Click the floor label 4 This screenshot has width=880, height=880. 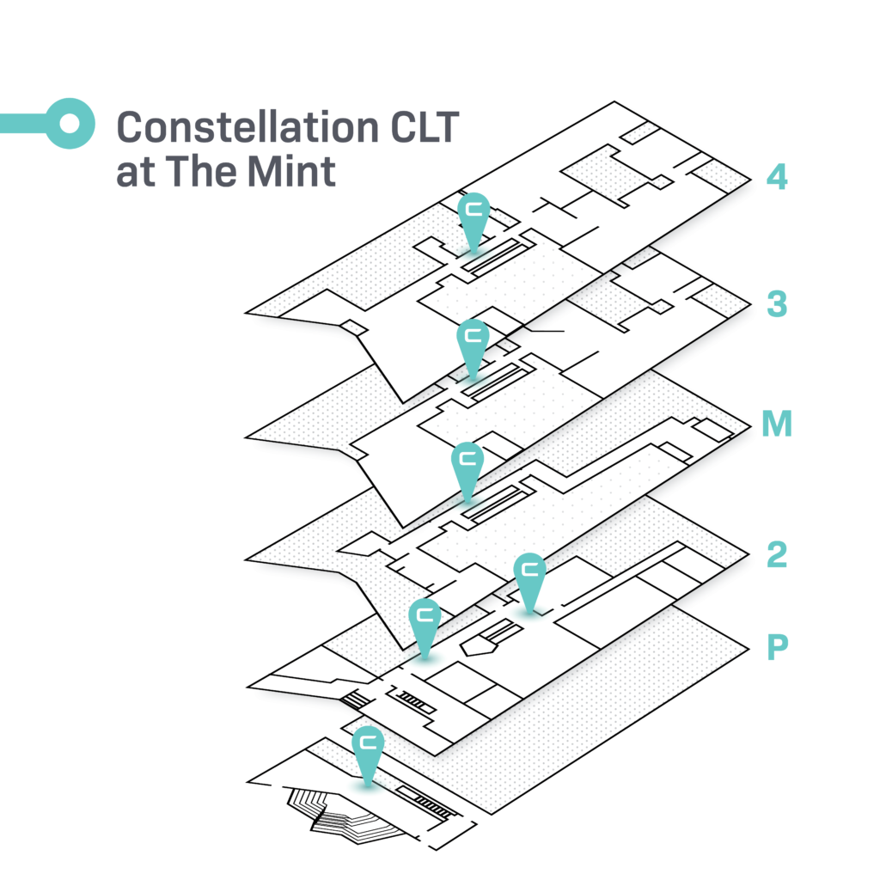coord(777,177)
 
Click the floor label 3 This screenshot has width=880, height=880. coord(777,304)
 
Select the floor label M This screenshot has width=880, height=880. coord(777,423)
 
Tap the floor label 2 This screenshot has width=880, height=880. coord(777,555)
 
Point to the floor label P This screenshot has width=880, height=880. coord(777,648)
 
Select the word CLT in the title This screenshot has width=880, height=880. coord(425,127)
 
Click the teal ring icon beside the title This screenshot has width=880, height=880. coord(70,124)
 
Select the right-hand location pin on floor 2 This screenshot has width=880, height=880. coord(529,583)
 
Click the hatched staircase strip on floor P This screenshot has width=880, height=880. coord(425,803)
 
